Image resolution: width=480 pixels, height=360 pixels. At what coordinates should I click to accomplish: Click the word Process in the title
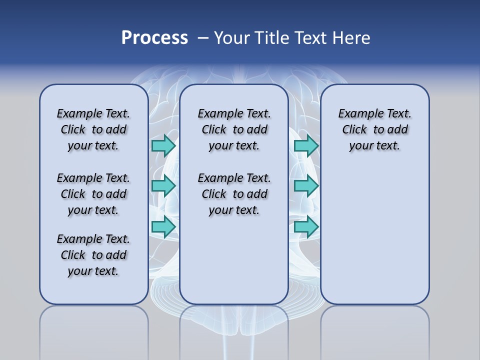(154, 38)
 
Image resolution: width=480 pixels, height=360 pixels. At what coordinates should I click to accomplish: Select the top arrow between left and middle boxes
(163, 145)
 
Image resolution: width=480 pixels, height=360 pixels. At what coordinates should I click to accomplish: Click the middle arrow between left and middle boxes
(163, 186)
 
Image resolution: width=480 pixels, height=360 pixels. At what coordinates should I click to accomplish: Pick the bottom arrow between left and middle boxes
(163, 227)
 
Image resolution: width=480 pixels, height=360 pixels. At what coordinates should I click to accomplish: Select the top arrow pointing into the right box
(306, 145)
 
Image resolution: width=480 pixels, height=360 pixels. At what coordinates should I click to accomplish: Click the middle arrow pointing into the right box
(306, 186)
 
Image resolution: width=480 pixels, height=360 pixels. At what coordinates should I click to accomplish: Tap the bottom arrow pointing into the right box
(306, 227)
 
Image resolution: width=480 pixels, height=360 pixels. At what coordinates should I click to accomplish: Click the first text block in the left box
(93, 129)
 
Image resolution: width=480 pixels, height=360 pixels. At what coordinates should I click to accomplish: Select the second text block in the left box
(93, 194)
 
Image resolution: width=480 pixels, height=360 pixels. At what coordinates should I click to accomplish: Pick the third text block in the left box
(93, 255)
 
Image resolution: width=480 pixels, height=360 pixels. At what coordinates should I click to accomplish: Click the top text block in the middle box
(234, 129)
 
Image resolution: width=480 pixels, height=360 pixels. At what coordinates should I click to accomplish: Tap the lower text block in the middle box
(234, 194)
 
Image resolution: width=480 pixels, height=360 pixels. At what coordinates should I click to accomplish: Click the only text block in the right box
(374, 129)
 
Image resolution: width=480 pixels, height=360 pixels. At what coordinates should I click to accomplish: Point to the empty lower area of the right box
(374, 235)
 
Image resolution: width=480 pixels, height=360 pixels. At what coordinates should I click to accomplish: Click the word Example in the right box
(357, 114)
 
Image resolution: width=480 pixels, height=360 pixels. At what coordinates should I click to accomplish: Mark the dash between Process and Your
(203, 38)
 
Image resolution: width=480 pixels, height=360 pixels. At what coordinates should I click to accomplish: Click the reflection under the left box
(93, 330)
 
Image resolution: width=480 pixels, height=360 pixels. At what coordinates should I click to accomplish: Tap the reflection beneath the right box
(374, 330)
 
